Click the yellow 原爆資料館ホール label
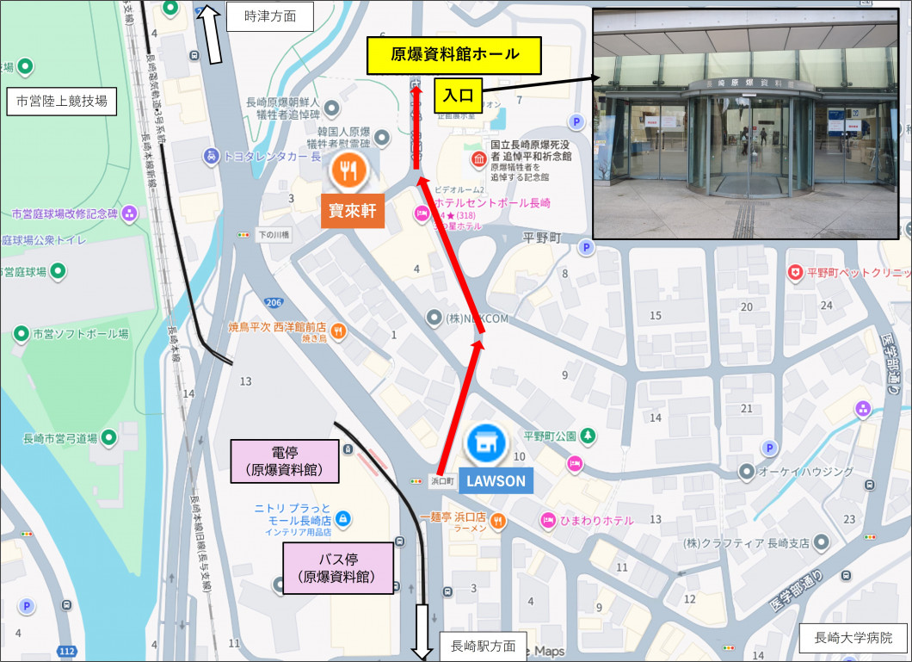coord(454,55)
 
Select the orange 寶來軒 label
coord(351,211)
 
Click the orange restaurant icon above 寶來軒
coord(348,170)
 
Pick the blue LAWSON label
coord(496,481)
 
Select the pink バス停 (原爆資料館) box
coord(338,568)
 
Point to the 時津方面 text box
coord(269,16)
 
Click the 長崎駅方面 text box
coord(483,646)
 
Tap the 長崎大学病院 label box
coord(853,639)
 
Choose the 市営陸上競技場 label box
coord(62,102)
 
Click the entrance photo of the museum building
coord(745,123)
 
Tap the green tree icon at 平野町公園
coord(588,436)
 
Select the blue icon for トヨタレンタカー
coord(211,157)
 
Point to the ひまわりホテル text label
coord(599,520)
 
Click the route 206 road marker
coord(274,302)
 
